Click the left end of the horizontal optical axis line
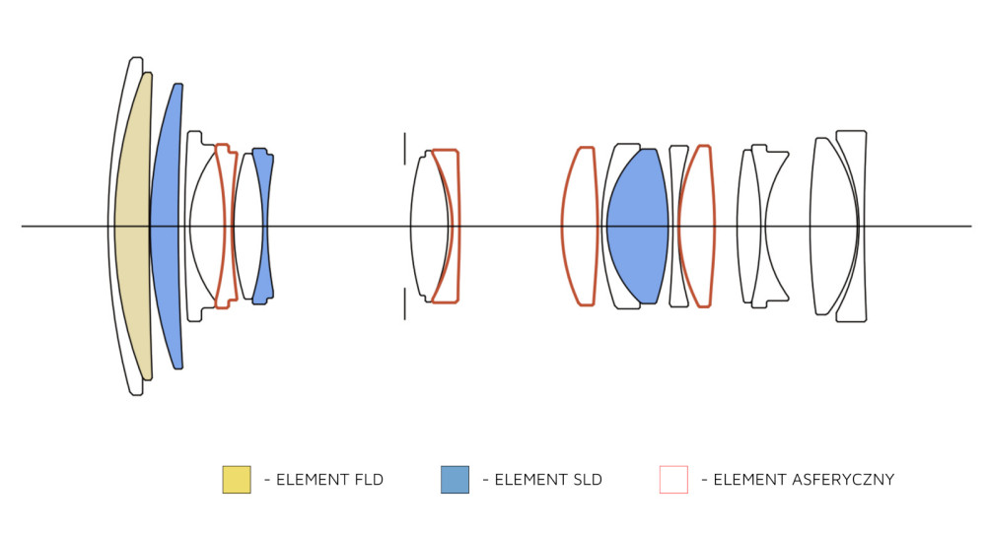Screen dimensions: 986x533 (x=22, y=226)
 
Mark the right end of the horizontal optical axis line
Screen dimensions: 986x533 (x=971, y=226)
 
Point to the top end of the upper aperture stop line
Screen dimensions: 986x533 (x=404, y=133)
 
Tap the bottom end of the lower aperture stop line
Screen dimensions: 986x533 (x=404, y=319)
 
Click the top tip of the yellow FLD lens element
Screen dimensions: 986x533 (x=148, y=73)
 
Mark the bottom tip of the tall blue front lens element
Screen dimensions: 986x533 (x=178, y=368)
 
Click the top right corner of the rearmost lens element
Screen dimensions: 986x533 (x=866, y=131)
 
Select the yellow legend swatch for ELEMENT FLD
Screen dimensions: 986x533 (x=237, y=480)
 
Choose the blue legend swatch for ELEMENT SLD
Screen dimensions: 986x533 (x=455, y=480)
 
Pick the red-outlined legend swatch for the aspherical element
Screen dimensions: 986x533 (x=673, y=480)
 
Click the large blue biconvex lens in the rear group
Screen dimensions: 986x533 (x=637, y=227)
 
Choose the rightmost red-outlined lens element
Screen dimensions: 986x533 (x=697, y=227)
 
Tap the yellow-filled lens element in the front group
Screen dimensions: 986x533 (x=133, y=227)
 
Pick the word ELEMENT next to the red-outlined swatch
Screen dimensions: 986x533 (x=741, y=480)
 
